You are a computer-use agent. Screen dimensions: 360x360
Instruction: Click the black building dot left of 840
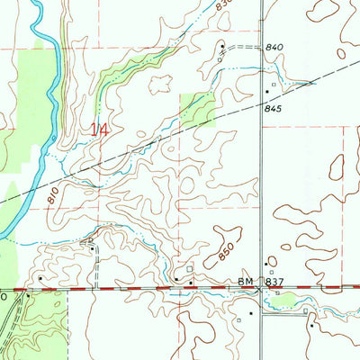(221, 44)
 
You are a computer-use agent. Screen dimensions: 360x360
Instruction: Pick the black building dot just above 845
(266, 92)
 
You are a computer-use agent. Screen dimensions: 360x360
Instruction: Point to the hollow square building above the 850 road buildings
(188, 267)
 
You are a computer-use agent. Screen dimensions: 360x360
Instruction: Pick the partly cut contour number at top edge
(224, 4)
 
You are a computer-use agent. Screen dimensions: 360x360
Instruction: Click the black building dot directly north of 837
(267, 263)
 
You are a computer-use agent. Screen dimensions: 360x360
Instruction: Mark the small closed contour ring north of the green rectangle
(163, 83)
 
